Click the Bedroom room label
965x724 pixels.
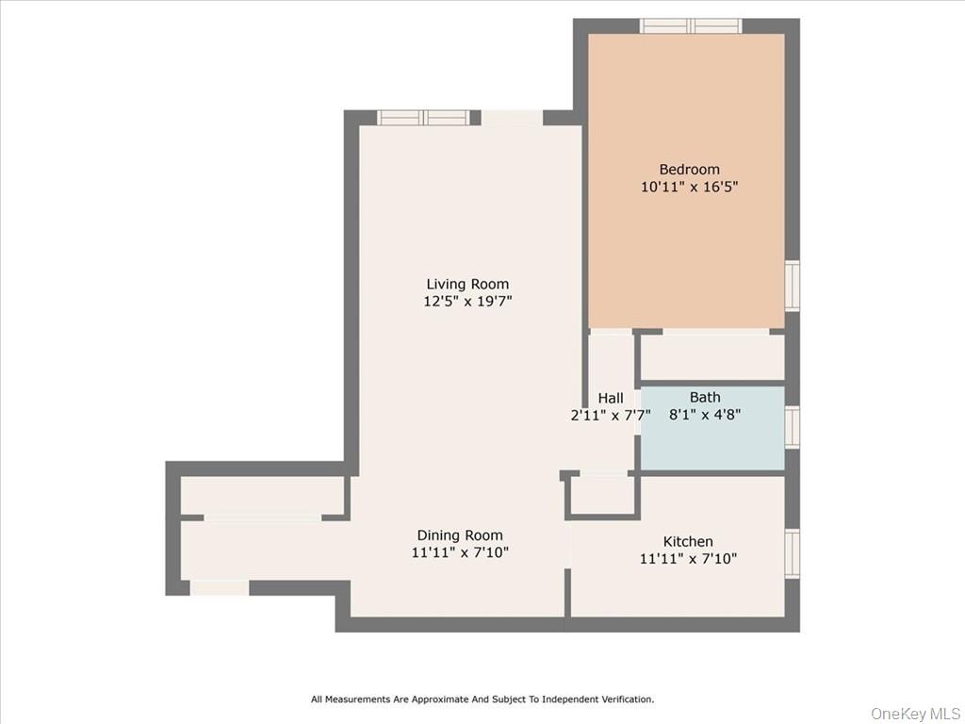point(689,170)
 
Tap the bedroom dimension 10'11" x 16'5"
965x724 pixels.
point(689,187)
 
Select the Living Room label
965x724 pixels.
point(467,284)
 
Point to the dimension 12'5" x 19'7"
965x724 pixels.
point(467,302)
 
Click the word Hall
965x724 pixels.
point(611,398)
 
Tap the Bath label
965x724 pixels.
point(705,397)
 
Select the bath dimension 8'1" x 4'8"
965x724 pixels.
point(705,414)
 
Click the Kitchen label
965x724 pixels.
point(688,541)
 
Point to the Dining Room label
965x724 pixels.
point(460,535)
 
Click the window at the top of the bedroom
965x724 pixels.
point(691,25)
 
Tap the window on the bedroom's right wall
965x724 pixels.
point(792,286)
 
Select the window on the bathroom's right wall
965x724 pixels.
point(792,425)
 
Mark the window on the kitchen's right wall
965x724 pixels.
point(792,551)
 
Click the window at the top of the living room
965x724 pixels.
point(423,118)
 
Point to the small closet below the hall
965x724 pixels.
point(602,495)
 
